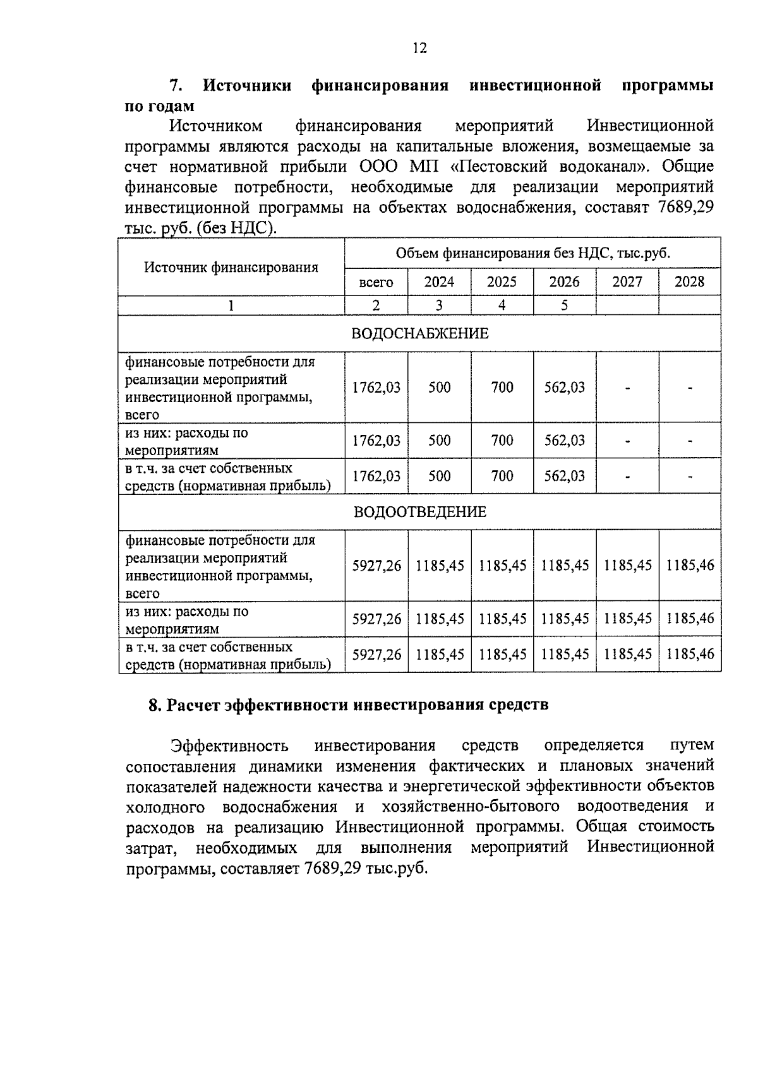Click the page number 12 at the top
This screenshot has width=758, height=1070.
pyautogui.click(x=419, y=48)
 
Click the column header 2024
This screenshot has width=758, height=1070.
pyautogui.click(x=439, y=282)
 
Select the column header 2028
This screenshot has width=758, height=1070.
pyautogui.click(x=689, y=282)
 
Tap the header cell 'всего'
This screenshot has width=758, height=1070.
pyautogui.click(x=376, y=282)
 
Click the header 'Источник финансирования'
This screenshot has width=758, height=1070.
pyautogui.click(x=231, y=267)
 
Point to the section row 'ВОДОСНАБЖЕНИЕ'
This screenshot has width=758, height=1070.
pyautogui.click(x=419, y=333)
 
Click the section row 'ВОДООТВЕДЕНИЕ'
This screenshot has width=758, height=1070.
pyautogui.click(x=419, y=511)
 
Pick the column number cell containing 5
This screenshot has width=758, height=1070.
pyautogui.click(x=564, y=306)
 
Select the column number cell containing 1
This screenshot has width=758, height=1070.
pyautogui.click(x=231, y=306)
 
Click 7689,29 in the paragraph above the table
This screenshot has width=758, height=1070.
pyautogui.click(x=686, y=207)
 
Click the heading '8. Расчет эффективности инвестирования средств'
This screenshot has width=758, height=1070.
pyautogui.click(x=348, y=704)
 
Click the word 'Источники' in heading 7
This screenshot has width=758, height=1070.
pyautogui.click(x=247, y=86)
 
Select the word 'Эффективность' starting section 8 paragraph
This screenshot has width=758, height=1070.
pyautogui.click(x=230, y=746)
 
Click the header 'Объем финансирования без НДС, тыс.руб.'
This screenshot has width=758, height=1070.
pyautogui.click(x=532, y=253)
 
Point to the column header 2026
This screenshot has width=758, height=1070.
pyautogui.click(x=564, y=282)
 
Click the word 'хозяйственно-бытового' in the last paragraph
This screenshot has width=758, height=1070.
pyautogui.click(x=471, y=806)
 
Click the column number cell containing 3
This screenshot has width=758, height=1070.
pyautogui.click(x=439, y=306)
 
